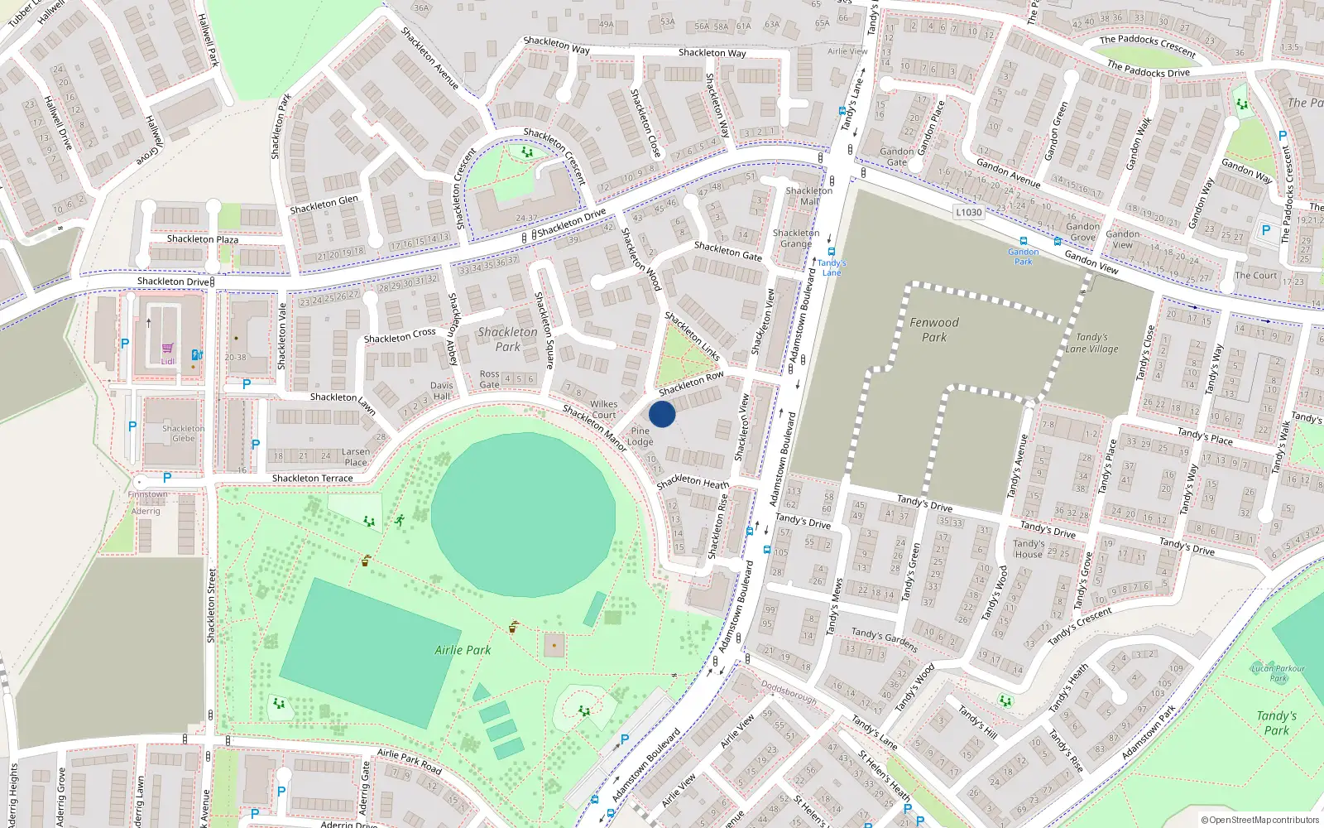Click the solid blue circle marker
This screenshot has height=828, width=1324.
[x=662, y=414]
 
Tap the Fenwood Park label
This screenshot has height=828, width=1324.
[x=934, y=330]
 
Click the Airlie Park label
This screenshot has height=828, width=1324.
[x=463, y=650]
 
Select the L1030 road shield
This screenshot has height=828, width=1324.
[x=968, y=212]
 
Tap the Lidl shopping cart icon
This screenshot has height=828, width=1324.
[x=168, y=349]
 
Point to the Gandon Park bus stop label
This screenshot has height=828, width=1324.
[x=1024, y=257]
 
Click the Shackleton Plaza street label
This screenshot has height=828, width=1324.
[x=203, y=239]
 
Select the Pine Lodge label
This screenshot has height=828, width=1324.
[x=640, y=436]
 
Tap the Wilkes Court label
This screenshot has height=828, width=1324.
[x=604, y=409]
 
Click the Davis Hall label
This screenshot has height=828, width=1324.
[x=441, y=391]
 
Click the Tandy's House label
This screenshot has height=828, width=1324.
[x=1029, y=549]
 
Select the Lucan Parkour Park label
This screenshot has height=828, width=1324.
[x=1278, y=673]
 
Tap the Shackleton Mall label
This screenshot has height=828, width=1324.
[x=809, y=196]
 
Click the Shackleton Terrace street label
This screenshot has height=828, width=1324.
[x=312, y=479]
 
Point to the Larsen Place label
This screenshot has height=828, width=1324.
[x=356, y=457]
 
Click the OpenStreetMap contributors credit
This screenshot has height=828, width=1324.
[x=1259, y=820]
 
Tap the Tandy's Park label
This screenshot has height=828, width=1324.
[x=1276, y=722]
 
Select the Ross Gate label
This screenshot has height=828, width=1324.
[x=489, y=379]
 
